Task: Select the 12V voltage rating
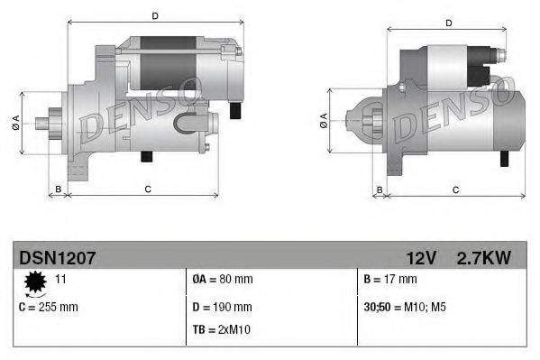[421, 258]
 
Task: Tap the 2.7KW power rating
[484, 258]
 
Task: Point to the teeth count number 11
[62, 279]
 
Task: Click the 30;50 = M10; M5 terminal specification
[405, 307]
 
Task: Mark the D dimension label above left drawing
[155, 16]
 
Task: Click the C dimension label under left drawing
[147, 189]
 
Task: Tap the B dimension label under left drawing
[59, 189]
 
